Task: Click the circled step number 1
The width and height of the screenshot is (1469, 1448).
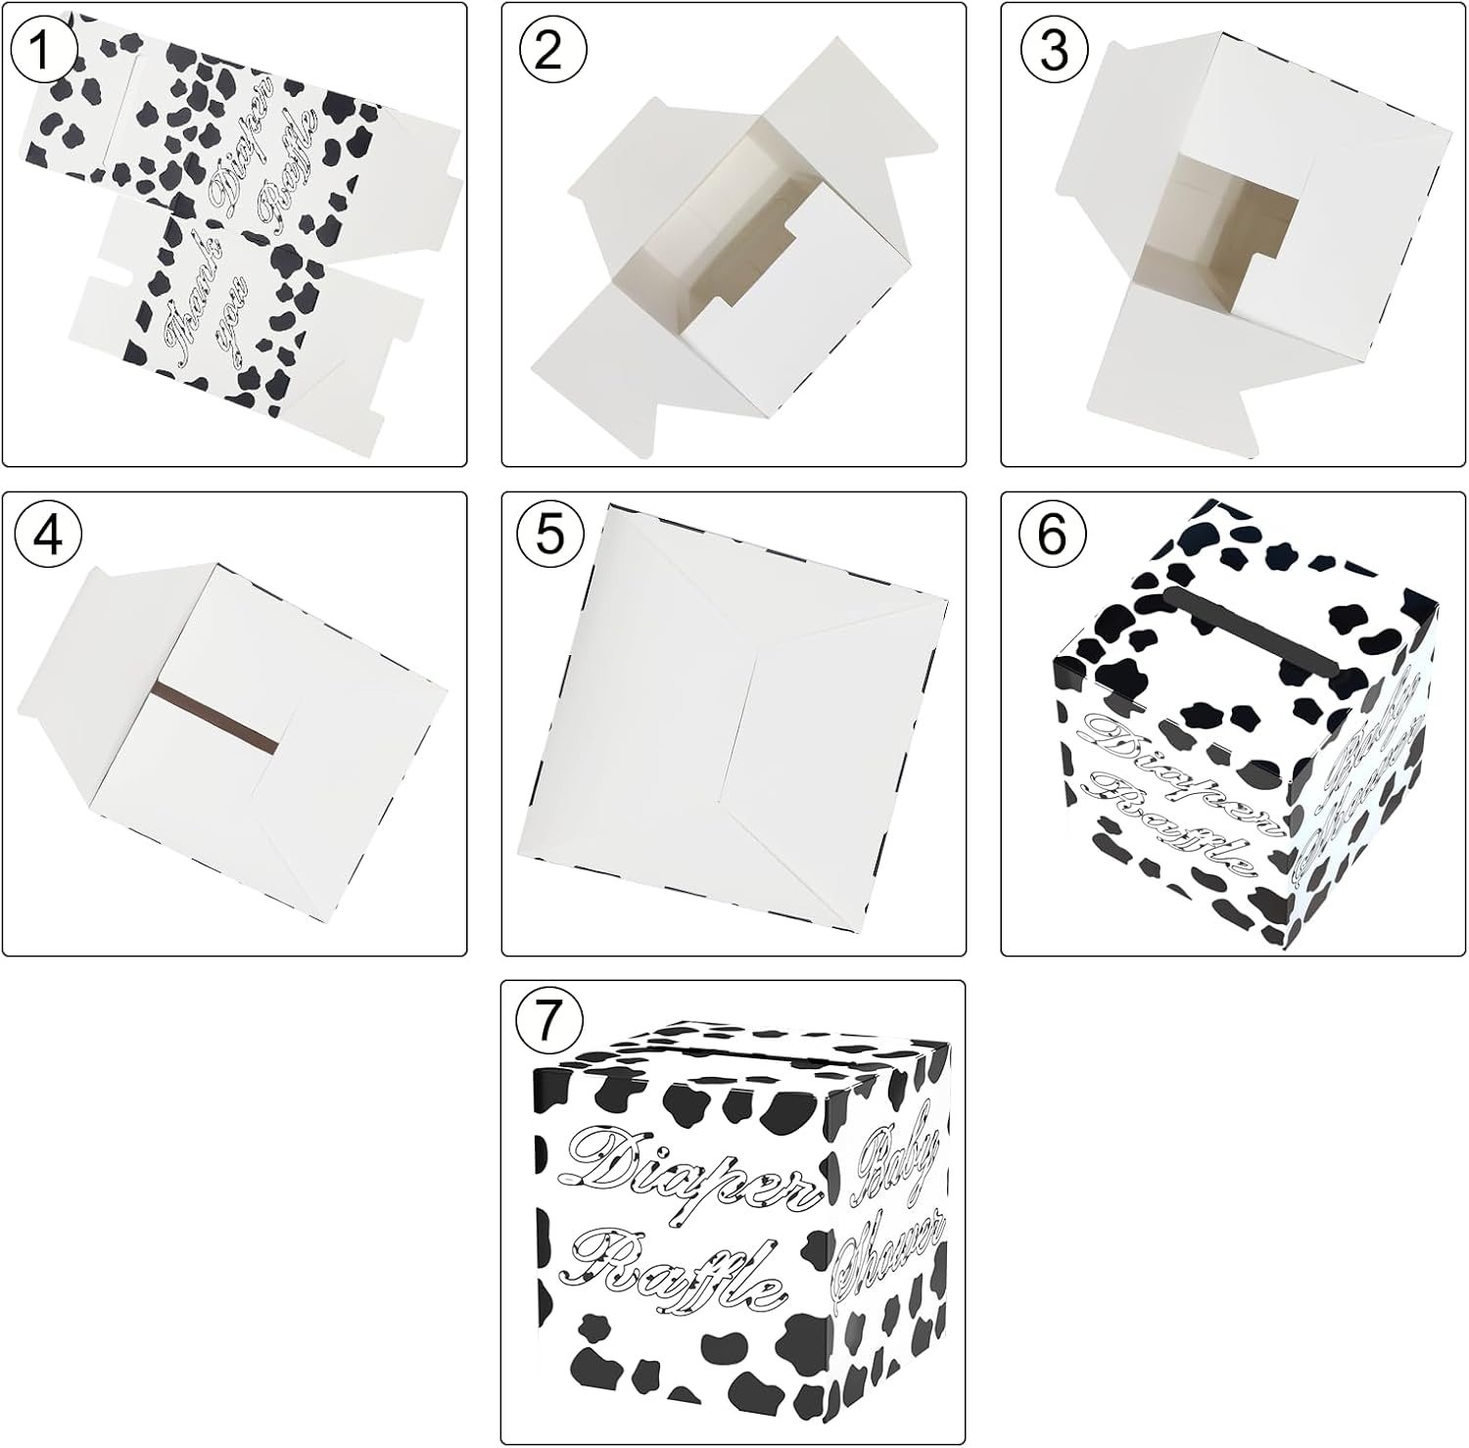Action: point(42,49)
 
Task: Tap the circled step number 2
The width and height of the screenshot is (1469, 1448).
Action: point(547,49)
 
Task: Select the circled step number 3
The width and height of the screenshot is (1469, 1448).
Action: point(1053,49)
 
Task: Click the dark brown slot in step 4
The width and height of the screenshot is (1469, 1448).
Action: point(214,720)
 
